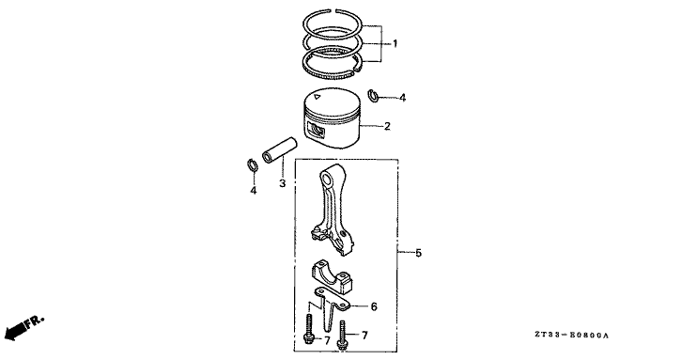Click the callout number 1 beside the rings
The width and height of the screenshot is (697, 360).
(x=396, y=44)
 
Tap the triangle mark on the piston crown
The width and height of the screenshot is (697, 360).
(x=319, y=97)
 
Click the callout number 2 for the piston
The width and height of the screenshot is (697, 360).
(x=385, y=125)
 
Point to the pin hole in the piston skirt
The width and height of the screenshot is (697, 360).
(x=316, y=131)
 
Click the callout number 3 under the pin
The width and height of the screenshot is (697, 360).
(x=281, y=183)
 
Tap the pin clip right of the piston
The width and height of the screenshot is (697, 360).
(x=373, y=94)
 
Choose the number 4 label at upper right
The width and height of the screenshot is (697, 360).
(x=402, y=97)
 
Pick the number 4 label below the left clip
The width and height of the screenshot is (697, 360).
(x=252, y=191)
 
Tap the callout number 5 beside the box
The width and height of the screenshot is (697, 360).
(x=419, y=253)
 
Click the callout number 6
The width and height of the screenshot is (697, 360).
(x=373, y=306)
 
